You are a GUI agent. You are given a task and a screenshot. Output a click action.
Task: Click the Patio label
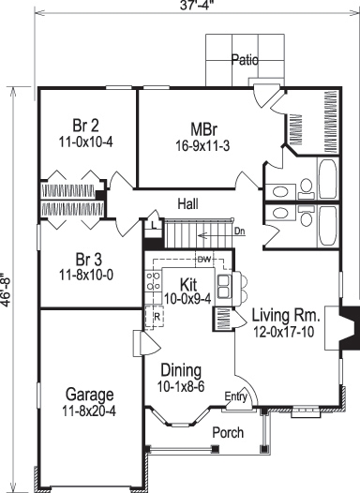[x=246, y=61]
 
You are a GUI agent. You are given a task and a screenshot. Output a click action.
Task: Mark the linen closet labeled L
[x=152, y=223]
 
